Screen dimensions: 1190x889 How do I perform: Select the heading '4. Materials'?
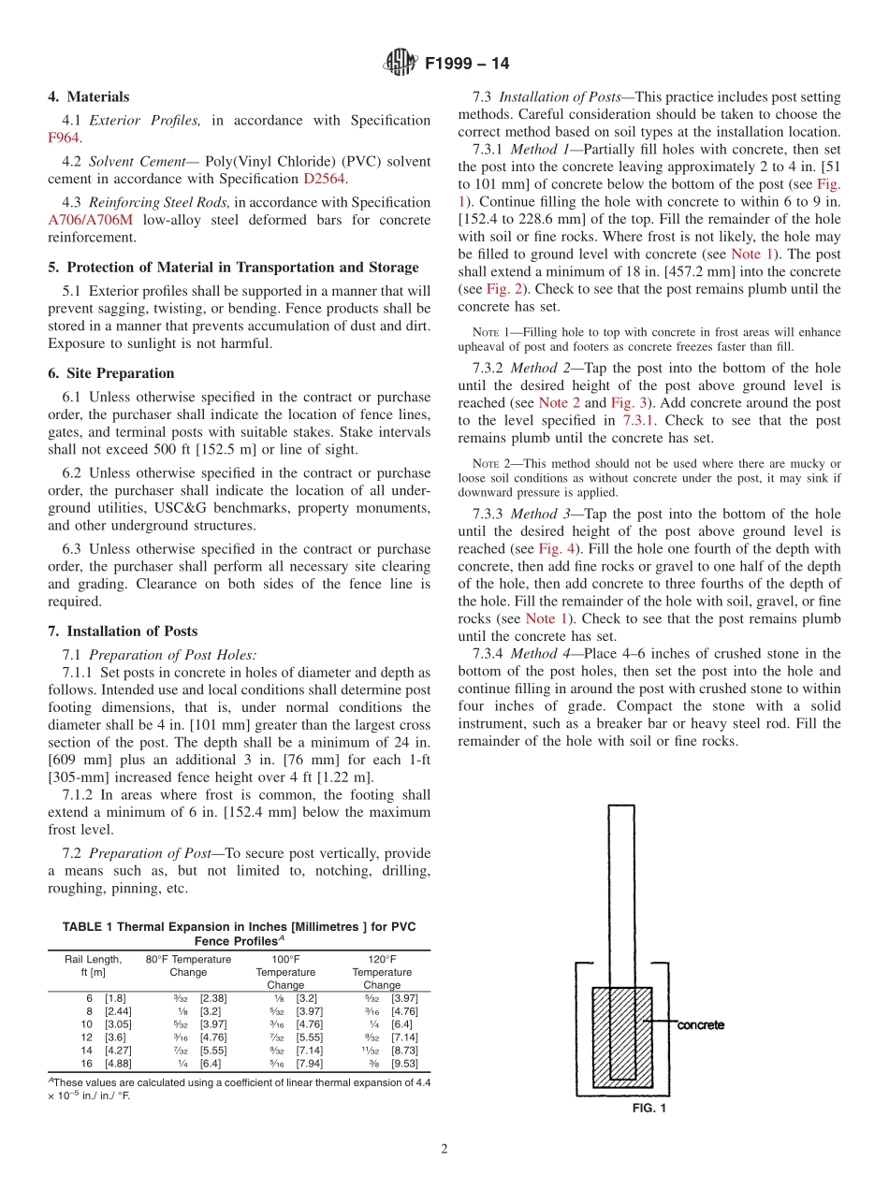89,96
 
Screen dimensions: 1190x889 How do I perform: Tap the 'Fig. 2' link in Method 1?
502,289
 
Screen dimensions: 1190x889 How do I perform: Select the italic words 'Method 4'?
539,654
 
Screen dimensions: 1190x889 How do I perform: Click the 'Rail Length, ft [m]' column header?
93,965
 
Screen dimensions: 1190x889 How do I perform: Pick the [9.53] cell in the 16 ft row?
404,1064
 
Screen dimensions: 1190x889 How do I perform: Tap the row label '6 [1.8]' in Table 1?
106,998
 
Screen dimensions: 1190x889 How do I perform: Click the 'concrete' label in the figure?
700,1025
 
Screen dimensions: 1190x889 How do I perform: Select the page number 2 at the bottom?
444,1150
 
